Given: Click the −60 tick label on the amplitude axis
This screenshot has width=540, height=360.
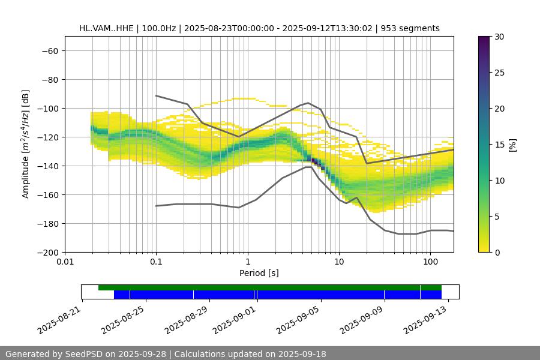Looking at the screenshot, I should pos(49,50).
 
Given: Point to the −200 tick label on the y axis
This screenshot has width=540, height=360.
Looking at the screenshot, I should pos(47,252).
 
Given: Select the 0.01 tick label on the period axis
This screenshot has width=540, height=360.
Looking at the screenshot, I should pos(65,262).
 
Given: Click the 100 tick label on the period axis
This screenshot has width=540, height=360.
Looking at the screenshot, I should pos(430,262).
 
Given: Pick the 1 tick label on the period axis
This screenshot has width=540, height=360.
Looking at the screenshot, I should pos(247,262).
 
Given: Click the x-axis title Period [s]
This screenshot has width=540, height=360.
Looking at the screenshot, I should pos(259,273).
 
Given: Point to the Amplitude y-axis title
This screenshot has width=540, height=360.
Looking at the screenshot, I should pos(26,144).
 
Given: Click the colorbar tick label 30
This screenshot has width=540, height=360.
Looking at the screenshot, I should pos(499,37).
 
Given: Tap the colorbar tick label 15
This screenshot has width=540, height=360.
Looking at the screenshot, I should pos(499,145).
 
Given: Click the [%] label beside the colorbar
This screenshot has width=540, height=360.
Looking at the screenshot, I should pos(512,145).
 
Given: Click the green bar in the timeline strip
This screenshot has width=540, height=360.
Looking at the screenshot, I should pos(270,287).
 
